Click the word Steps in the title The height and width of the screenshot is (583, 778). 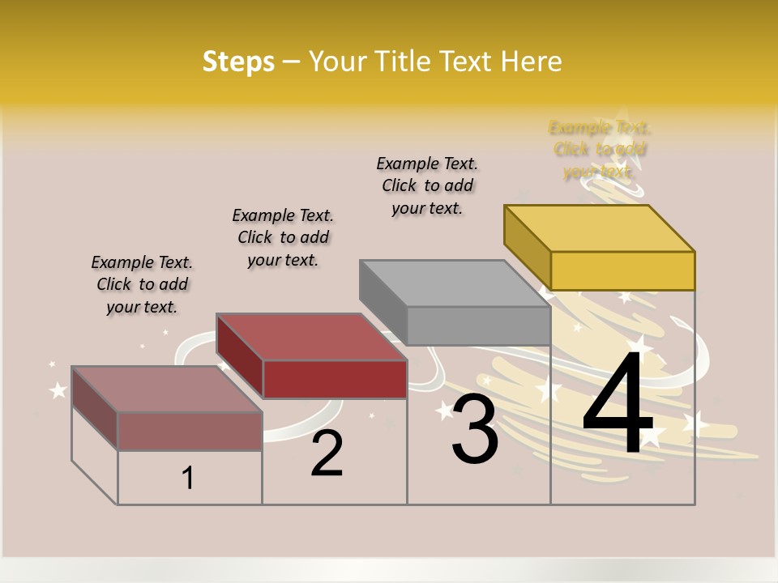pyautogui.click(x=238, y=62)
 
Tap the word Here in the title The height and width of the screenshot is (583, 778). pyautogui.click(x=531, y=62)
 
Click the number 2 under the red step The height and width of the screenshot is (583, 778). pyautogui.click(x=327, y=453)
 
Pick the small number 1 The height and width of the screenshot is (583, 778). pyautogui.click(x=188, y=479)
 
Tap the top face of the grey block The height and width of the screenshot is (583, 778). pyautogui.click(x=455, y=283)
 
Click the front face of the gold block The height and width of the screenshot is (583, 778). pyautogui.click(x=622, y=270)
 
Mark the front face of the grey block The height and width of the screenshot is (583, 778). pyautogui.click(x=478, y=326)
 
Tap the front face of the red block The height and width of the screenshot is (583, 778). pyautogui.click(x=335, y=379)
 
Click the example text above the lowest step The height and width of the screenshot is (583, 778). pyautogui.click(x=142, y=284)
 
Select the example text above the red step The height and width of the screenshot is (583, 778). pyautogui.click(x=283, y=237)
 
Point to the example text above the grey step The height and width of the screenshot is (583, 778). pyautogui.click(x=427, y=185)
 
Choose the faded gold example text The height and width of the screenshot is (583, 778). pyautogui.click(x=600, y=149)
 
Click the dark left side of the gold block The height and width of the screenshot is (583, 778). pyautogui.click(x=527, y=247)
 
